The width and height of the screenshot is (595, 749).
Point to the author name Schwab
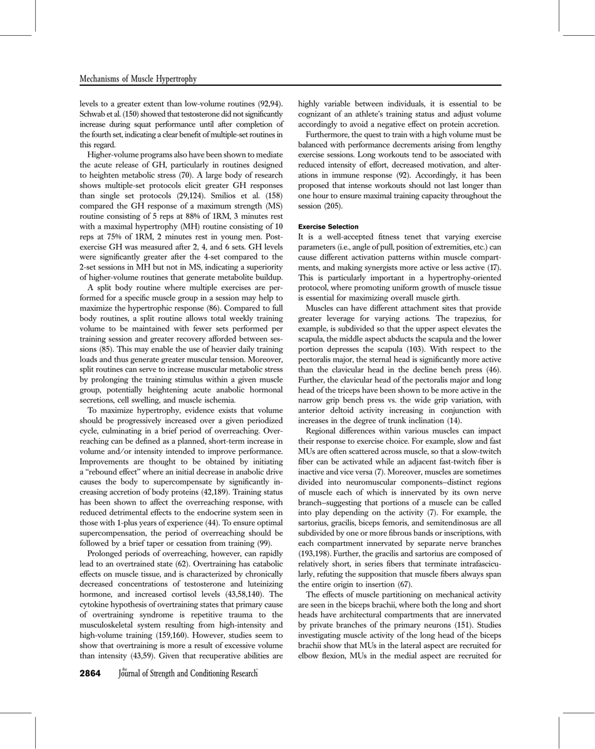93,112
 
